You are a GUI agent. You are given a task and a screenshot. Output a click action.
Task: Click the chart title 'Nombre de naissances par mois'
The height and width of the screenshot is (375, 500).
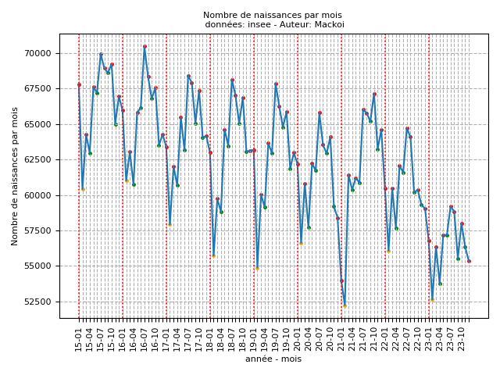point(273,15)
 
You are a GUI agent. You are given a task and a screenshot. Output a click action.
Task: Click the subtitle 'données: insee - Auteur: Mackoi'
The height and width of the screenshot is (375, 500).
point(273,24)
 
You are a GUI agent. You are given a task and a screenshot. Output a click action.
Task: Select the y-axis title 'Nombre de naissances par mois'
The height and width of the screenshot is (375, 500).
point(15,176)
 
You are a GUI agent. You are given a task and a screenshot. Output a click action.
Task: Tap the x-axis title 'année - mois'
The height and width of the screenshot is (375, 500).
point(273,359)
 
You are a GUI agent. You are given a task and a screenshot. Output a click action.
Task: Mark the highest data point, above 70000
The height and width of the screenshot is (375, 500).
point(145,46)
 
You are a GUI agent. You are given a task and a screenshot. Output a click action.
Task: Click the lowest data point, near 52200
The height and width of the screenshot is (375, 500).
point(345,305)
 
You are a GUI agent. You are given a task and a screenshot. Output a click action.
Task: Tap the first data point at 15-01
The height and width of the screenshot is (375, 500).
point(79,84)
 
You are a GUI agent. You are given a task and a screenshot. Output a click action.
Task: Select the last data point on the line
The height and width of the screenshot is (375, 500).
point(469,261)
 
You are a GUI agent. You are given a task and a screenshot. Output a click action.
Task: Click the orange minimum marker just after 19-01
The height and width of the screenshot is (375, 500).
point(257,268)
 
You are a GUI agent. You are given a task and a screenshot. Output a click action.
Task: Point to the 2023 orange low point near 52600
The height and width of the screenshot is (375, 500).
point(432,299)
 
